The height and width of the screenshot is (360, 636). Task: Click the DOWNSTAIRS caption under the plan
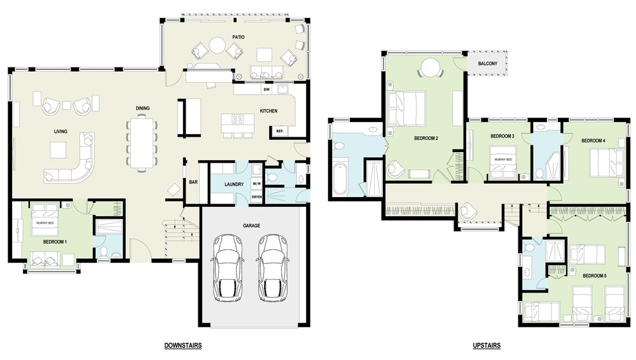[183, 345]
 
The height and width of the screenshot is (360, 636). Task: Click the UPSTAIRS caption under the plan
[487, 345]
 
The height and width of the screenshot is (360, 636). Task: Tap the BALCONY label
[488, 64]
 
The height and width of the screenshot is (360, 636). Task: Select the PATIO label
[238, 37]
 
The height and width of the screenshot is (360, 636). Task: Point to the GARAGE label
[251, 226]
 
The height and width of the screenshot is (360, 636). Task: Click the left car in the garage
[228, 268]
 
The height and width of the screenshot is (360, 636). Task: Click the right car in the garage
[273, 268]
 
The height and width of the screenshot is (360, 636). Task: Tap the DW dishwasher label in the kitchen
[266, 89]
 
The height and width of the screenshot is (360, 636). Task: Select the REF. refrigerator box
[279, 131]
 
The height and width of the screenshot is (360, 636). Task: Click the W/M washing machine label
[257, 183]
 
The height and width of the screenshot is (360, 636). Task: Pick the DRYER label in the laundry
[257, 197]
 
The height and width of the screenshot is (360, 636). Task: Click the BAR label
[193, 183]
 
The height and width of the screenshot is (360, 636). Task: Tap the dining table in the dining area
[142, 142]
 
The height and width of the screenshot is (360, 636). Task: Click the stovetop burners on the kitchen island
[238, 120]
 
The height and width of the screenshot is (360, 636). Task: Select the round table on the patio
[217, 45]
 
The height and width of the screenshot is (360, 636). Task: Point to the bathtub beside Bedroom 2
[340, 179]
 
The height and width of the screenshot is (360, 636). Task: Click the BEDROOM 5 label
[594, 276]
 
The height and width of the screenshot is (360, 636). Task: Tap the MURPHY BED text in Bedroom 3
[503, 160]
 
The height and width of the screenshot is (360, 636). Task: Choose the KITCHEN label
[268, 111]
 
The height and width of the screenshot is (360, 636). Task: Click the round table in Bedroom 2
[429, 67]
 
